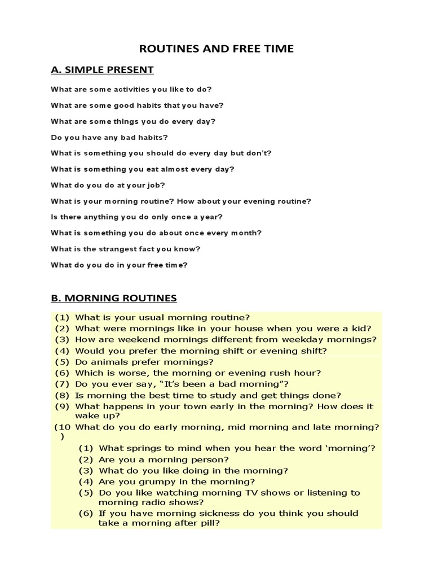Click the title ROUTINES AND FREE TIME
coord(216,49)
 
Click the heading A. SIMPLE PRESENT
coord(102,70)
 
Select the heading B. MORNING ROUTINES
coord(114,297)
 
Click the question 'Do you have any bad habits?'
coord(109,137)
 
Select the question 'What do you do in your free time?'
coord(119,264)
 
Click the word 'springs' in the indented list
coord(142,448)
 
